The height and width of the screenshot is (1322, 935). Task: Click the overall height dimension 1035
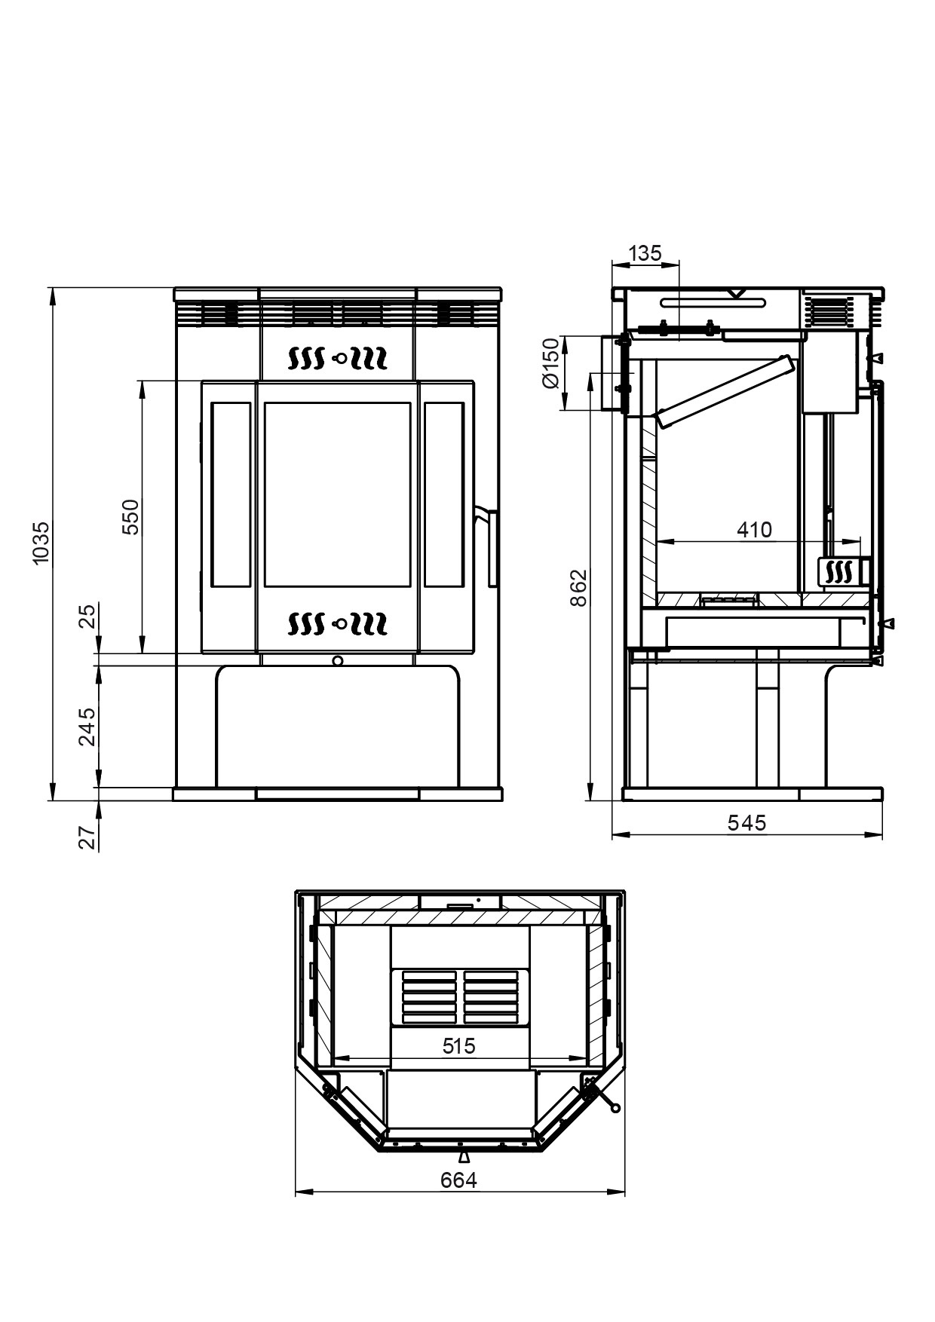41,541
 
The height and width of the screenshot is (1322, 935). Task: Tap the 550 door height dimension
131,516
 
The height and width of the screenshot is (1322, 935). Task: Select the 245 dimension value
88,726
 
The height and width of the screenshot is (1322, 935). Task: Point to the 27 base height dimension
88,837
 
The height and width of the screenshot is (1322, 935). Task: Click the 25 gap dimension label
88,616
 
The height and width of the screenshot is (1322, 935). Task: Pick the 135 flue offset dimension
645,253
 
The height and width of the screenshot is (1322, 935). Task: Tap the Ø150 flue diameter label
551,363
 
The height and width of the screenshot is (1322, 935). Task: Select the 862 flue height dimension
578,588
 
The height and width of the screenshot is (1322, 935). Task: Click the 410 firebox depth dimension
754,530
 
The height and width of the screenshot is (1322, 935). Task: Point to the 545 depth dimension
746,822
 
